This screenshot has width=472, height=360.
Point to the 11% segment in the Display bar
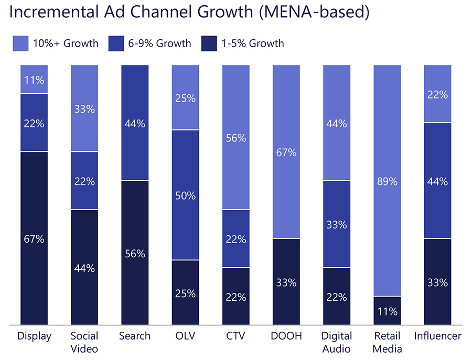pyautogui.click(x=34, y=80)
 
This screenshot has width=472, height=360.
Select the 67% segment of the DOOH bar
pyautogui.click(x=286, y=152)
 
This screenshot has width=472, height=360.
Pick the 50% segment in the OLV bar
pyautogui.click(x=185, y=195)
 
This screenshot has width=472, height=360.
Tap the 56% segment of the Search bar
pyautogui.click(x=135, y=253)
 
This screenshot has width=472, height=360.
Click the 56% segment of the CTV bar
pyautogui.click(x=235, y=137)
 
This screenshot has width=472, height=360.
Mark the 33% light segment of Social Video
pyautogui.click(x=84, y=108)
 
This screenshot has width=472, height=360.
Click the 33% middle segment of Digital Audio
pyautogui.click(x=336, y=224)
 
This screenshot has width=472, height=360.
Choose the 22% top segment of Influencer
pyautogui.click(x=437, y=94)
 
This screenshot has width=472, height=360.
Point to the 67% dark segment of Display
pyautogui.click(x=34, y=238)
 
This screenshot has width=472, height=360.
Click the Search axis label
pyautogui.click(x=135, y=336)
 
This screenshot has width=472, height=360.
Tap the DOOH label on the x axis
pyautogui.click(x=286, y=336)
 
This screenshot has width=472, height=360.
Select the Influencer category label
pyautogui.click(x=437, y=336)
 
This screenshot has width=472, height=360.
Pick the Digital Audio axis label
pyautogui.click(x=336, y=342)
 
